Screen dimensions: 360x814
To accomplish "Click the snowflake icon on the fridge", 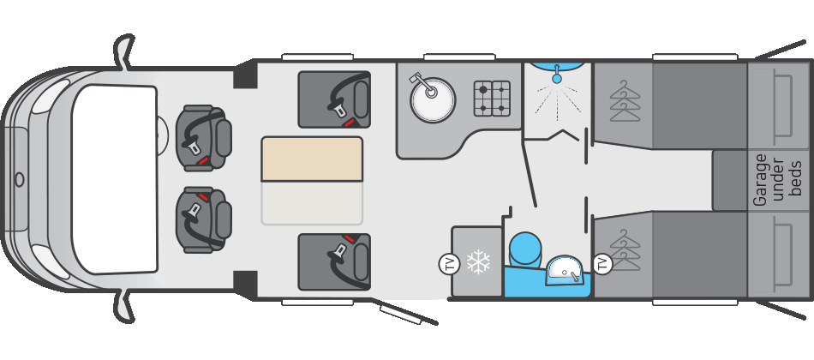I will pos(476,263).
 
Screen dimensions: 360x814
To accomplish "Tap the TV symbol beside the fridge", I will pos(447,263).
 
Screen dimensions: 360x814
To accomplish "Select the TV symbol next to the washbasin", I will pos(602,264).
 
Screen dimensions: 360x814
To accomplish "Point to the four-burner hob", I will pos(492,99).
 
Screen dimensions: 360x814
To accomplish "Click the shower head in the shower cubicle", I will pos(557,78).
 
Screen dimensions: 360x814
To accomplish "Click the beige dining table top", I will pos(313,159).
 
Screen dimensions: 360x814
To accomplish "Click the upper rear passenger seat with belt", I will pos(334,99).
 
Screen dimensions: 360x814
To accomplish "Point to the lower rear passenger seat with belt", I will pos(334,261).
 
